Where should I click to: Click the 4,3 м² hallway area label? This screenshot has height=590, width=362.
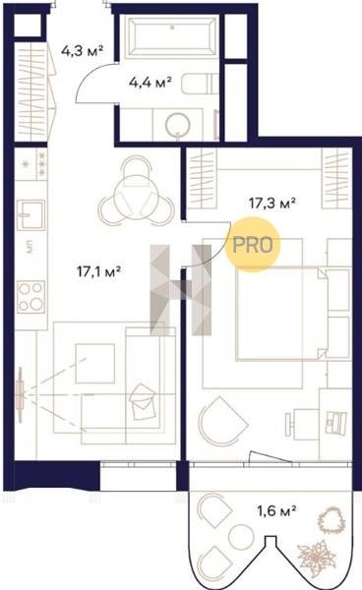click(x=82, y=50)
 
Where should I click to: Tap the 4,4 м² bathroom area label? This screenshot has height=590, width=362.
click(x=151, y=82)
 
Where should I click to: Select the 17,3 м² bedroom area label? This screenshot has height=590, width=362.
click(x=271, y=203)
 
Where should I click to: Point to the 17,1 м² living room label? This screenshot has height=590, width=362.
click(x=98, y=270)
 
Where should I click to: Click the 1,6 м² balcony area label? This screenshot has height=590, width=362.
click(x=276, y=510)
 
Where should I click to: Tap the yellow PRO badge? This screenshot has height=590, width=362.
click(x=253, y=245)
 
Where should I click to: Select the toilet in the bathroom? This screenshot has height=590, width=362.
click(x=200, y=84)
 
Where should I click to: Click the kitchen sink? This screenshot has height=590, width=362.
click(x=30, y=214)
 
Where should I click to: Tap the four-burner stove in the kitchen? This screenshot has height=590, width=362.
click(x=30, y=297)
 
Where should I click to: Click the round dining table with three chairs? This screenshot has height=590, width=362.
click(x=136, y=191)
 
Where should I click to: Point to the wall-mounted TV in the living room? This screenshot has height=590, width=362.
click(x=21, y=394)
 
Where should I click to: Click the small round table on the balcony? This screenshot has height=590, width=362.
click(x=240, y=536)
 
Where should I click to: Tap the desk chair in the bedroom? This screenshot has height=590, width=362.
click(x=302, y=424)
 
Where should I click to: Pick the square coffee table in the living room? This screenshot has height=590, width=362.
click(x=94, y=364)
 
